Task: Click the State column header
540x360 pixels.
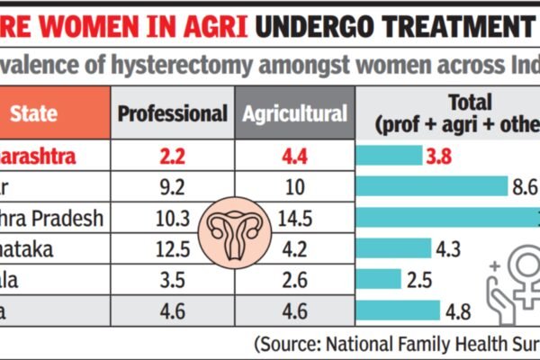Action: [35, 114]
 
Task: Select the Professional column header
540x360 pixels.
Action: [172, 114]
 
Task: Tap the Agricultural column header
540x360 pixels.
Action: [294, 114]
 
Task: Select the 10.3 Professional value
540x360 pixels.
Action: [172, 218]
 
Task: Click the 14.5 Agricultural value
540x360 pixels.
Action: [294, 218]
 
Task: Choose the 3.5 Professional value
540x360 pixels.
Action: [172, 281]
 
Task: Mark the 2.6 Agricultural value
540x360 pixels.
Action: [294, 281]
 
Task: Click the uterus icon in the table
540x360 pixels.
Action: [233, 231]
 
